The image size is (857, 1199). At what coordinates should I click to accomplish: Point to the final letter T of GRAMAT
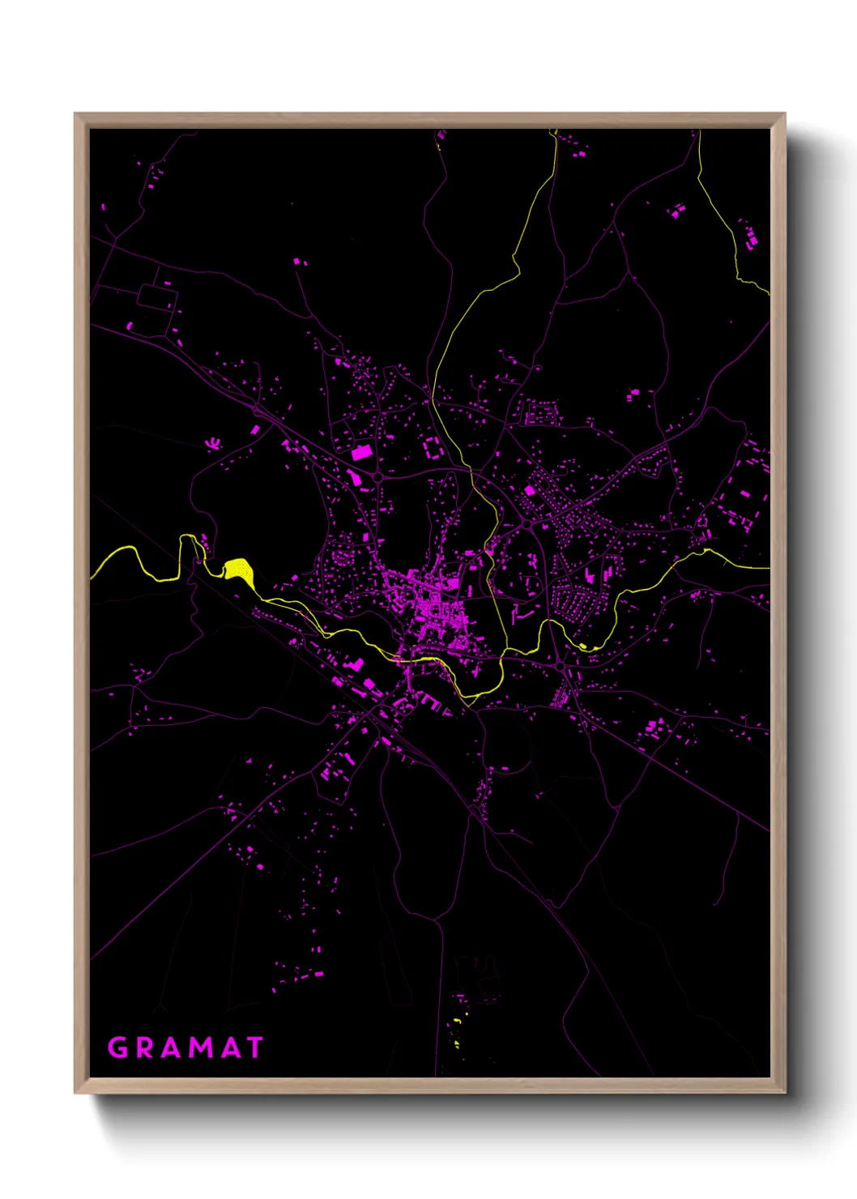[254, 1048]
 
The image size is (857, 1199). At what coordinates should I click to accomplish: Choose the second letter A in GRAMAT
[228, 1048]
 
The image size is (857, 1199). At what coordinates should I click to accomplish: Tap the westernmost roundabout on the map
[377, 477]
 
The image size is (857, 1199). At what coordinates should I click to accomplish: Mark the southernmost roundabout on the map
[560, 666]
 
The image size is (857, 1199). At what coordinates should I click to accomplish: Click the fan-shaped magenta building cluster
[213, 443]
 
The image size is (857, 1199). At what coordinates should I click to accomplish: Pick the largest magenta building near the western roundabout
[361, 452]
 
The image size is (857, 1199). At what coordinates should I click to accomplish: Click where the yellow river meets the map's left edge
[91, 576]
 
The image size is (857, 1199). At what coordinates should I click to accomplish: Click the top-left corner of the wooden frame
[75, 114]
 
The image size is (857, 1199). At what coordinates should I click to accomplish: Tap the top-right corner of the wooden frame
[784, 114]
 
